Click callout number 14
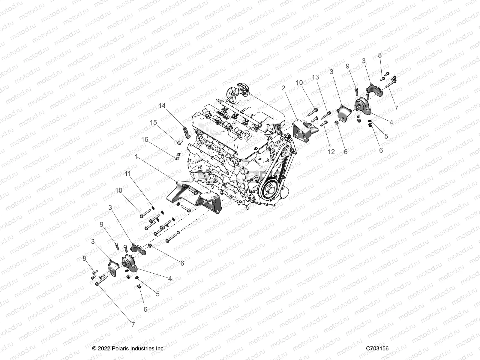click(x=162, y=106)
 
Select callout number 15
click(x=153, y=123)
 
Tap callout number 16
click(x=145, y=139)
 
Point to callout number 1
click(x=137, y=157)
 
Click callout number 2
click(x=283, y=88)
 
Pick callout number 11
click(x=128, y=173)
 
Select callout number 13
click(x=315, y=77)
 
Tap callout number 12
click(x=331, y=152)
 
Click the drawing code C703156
click(x=377, y=349)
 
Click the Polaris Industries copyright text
click(x=129, y=349)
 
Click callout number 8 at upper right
click(x=380, y=55)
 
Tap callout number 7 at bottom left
click(x=133, y=325)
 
